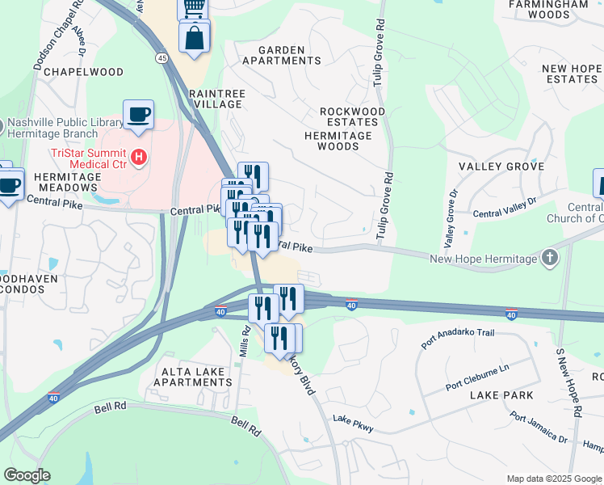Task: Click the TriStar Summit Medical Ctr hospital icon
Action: point(140,157)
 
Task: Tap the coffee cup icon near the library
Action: point(138,114)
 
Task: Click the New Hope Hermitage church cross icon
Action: point(550,258)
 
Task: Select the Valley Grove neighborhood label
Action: point(501,167)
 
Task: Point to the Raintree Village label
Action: point(216,99)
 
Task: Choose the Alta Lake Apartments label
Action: point(197,376)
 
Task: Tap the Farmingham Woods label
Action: point(551,9)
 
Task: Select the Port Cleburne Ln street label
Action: point(478,377)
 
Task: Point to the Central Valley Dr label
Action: point(504,208)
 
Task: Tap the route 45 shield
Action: point(162,58)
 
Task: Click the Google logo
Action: point(27,474)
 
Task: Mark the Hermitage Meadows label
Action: point(68,182)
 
